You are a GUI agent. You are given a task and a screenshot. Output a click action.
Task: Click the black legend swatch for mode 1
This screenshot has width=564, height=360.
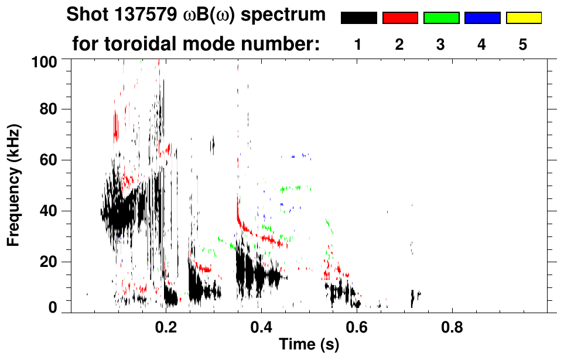tap(358, 18)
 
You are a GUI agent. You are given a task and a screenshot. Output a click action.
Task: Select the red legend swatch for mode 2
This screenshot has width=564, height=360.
tap(400, 18)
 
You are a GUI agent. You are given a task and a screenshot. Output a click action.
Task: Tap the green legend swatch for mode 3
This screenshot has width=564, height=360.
tap(441, 18)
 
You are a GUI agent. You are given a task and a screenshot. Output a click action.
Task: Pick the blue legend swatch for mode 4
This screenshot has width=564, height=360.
tap(482, 18)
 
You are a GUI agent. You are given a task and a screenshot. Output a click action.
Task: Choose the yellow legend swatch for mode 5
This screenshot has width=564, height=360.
tap(523, 18)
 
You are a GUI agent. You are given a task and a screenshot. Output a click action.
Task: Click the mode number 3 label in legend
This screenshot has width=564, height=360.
tap(441, 45)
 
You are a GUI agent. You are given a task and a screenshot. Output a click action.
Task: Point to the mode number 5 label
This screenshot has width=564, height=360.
tap(523, 45)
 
